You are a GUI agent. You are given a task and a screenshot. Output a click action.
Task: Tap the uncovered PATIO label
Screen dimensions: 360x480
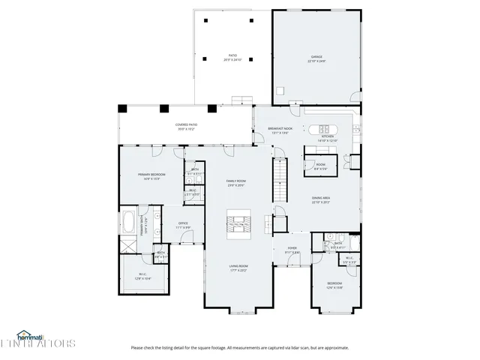click(232, 56)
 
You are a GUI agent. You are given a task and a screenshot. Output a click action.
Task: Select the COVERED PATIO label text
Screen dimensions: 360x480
click(187, 125)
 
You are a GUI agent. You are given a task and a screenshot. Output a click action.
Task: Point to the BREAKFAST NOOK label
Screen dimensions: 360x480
click(280, 130)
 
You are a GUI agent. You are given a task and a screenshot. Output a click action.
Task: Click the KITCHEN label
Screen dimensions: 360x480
click(328, 137)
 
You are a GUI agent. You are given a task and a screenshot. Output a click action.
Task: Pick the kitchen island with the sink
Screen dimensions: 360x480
click(328, 126)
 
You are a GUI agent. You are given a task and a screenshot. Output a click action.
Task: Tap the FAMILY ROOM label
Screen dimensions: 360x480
click(237, 181)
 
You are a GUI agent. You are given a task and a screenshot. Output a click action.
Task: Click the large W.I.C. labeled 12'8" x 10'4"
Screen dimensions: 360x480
click(142, 274)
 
